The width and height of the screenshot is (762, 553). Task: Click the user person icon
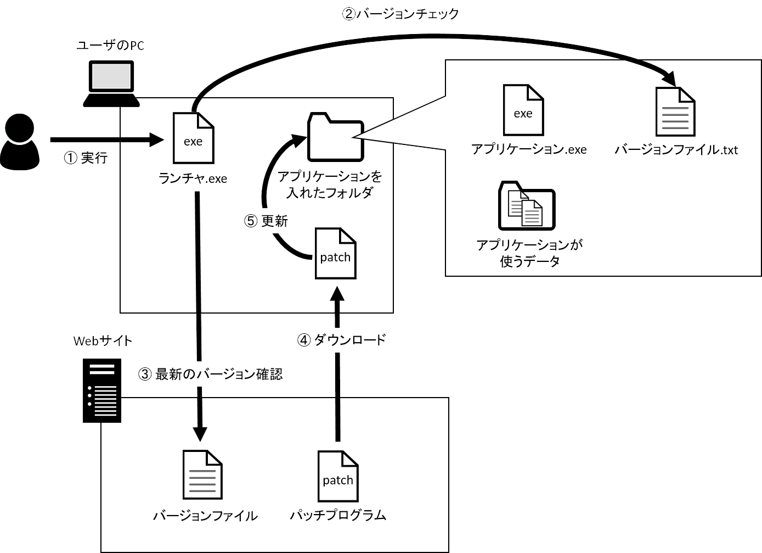pyautogui.click(x=20, y=142)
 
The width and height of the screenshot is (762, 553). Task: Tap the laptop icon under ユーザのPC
pyautogui.click(x=111, y=83)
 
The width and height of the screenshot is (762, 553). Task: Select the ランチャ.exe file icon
pyautogui.click(x=193, y=138)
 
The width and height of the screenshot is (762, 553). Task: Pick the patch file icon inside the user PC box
pyautogui.click(x=335, y=253)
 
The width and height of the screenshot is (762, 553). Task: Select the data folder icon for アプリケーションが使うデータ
pyautogui.click(x=527, y=206)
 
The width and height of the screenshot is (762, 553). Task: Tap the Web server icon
pyautogui.click(x=102, y=390)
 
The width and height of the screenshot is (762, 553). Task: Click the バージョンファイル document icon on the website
pyautogui.click(x=202, y=475)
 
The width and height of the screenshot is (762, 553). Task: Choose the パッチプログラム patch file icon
pyautogui.click(x=338, y=476)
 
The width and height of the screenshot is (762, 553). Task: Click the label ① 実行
pyautogui.click(x=86, y=158)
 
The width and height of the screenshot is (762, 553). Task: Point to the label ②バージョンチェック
pyautogui.click(x=400, y=14)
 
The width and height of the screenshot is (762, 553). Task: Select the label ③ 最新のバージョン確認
pyautogui.click(x=211, y=375)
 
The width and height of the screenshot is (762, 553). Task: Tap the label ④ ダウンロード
pyautogui.click(x=342, y=340)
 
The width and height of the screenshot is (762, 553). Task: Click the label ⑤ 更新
pyautogui.click(x=266, y=221)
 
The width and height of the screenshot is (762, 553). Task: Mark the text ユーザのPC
pyautogui.click(x=110, y=45)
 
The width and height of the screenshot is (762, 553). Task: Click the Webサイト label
pyautogui.click(x=103, y=341)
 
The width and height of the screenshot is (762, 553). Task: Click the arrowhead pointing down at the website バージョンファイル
pyautogui.click(x=200, y=433)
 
